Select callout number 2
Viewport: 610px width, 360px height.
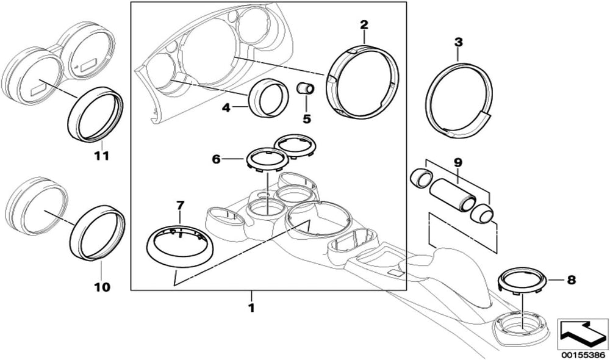pyautogui.click(x=364, y=25)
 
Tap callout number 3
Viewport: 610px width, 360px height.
pyautogui.click(x=459, y=42)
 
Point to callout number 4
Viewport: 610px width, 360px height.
pyautogui.click(x=226, y=108)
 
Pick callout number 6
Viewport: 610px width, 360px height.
pyautogui.click(x=216, y=159)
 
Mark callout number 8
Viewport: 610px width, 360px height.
pyautogui.click(x=571, y=280)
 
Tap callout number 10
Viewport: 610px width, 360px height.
pyautogui.click(x=102, y=286)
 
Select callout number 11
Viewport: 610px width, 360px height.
pyautogui.click(x=101, y=156)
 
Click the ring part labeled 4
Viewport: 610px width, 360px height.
pyautogui.click(x=269, y=98)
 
